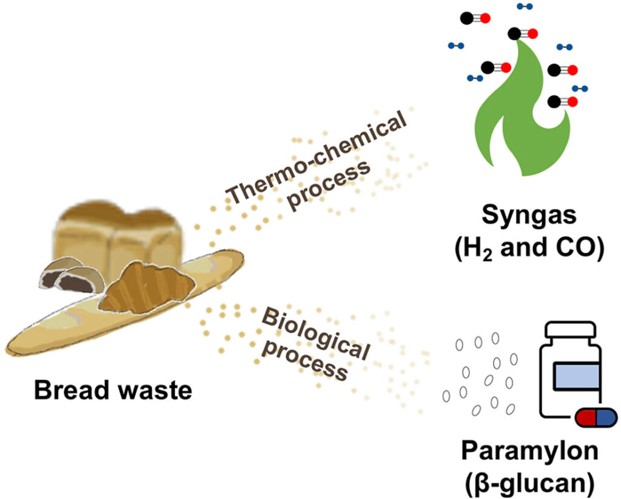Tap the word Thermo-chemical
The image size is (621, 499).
317,159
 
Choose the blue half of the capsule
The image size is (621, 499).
605,417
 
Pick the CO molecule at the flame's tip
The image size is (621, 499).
523,33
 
